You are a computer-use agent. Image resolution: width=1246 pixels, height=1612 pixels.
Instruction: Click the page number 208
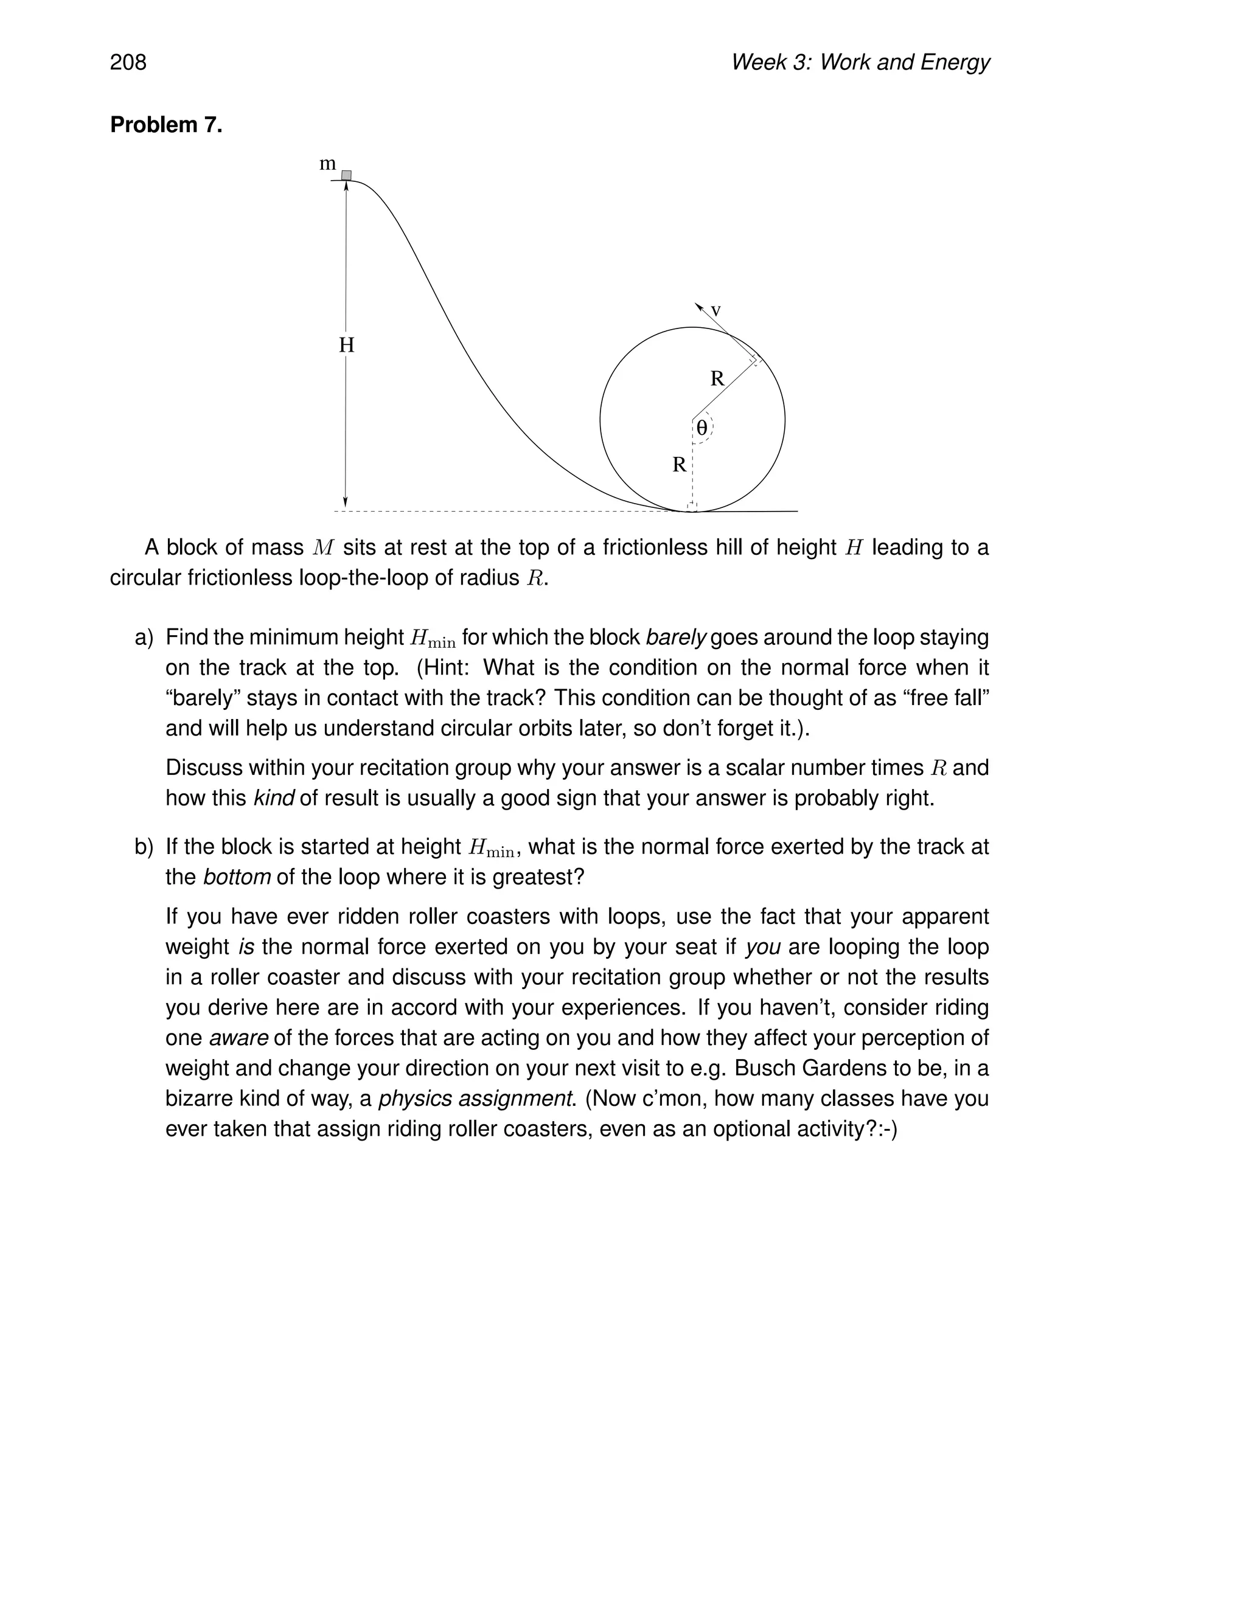pos(128,63)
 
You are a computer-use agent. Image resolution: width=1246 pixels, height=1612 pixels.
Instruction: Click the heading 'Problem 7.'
pos(166,125)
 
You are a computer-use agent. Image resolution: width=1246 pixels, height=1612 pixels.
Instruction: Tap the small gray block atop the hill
pos(346,175)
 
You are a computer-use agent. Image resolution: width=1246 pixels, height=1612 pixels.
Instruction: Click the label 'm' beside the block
pos(327,163)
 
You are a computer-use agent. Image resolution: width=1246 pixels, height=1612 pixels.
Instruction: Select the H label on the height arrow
pos(346,345)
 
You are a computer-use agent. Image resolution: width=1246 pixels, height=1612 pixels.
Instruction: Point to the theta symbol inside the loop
pos(702,428)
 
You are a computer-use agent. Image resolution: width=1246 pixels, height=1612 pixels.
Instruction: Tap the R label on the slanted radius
pos(717,378)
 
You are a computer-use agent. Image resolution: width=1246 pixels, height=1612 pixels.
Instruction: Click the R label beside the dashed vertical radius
pos(679,465)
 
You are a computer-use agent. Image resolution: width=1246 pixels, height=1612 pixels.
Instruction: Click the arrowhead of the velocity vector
pos(698,305)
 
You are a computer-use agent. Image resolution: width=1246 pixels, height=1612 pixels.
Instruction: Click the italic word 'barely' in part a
pos(676,637)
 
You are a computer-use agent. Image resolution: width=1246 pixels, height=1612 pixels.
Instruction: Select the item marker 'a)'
pos(144,637)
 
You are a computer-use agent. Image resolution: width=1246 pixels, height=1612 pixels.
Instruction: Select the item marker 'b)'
pos(144,847)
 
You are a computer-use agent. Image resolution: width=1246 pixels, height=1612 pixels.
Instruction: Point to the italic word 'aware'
pos(238,1038)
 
